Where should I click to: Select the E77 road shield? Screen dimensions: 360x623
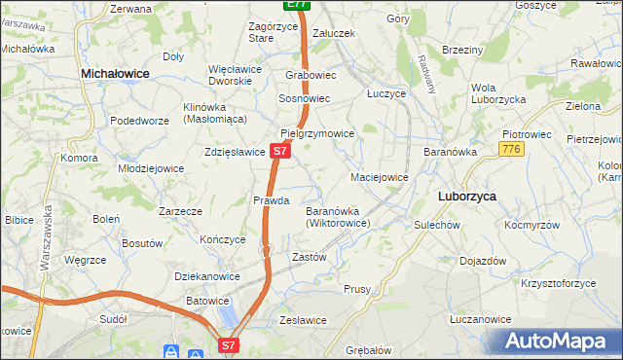click(x=298, y=5)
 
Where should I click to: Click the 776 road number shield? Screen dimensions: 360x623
click(x=511, y=149)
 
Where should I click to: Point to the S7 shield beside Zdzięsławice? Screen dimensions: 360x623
click(x=279, y=152)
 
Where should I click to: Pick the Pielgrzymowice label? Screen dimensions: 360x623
click(x=316, y=133)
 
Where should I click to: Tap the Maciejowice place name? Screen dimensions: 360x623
click(x=379, y=178)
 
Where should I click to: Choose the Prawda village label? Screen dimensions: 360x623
click(x=272, y=200)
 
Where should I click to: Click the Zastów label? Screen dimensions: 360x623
click(x=309, y=257)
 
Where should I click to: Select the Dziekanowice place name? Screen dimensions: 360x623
click(x=207, y=276)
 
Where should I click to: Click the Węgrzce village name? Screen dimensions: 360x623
click(x=84, y=261)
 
